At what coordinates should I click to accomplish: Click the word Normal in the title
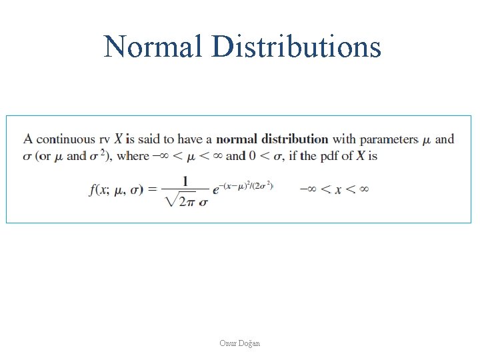[153, 47]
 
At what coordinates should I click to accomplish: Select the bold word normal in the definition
[237, 139]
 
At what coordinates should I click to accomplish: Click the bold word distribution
[295, 139]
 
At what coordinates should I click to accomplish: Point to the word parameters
[389, 139]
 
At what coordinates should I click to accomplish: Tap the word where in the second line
[133, 156]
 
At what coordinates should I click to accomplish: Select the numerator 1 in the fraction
[185, 181]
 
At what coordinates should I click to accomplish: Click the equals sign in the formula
[152, 190]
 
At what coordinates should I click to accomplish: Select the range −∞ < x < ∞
[334, 190]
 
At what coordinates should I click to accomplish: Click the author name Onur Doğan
[240, 343]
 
